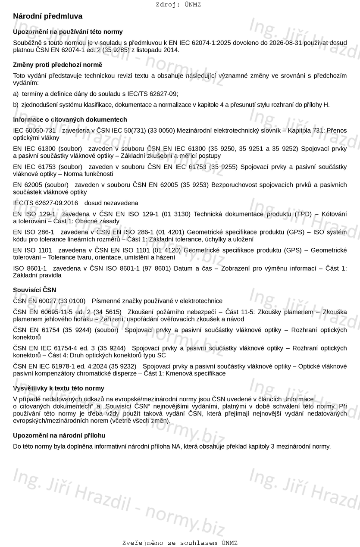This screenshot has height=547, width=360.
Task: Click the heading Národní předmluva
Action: [x=48, y=16]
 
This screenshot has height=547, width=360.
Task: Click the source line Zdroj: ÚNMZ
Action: [x=178, y=5]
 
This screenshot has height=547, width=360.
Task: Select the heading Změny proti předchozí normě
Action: [x=58, y=65]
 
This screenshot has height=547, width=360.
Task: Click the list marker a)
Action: [x=16, y=94]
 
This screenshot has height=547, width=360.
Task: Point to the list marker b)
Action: [x=16, y=105]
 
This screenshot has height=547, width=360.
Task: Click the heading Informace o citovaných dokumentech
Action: [x=70, y=120]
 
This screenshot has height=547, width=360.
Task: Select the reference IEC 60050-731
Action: [x=34, y=131]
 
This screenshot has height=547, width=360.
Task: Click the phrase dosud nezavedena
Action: [x=111, y=203]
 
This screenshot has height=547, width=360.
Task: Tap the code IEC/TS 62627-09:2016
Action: [x=46, y=203]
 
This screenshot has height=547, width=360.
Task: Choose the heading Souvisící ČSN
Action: [x=34, y=290]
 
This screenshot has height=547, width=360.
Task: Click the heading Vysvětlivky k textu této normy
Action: [x=59, y=388]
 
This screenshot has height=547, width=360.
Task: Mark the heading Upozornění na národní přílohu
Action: [x=59, y=436]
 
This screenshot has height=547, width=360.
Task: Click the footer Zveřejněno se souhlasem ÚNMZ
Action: [x=180, y=543]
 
